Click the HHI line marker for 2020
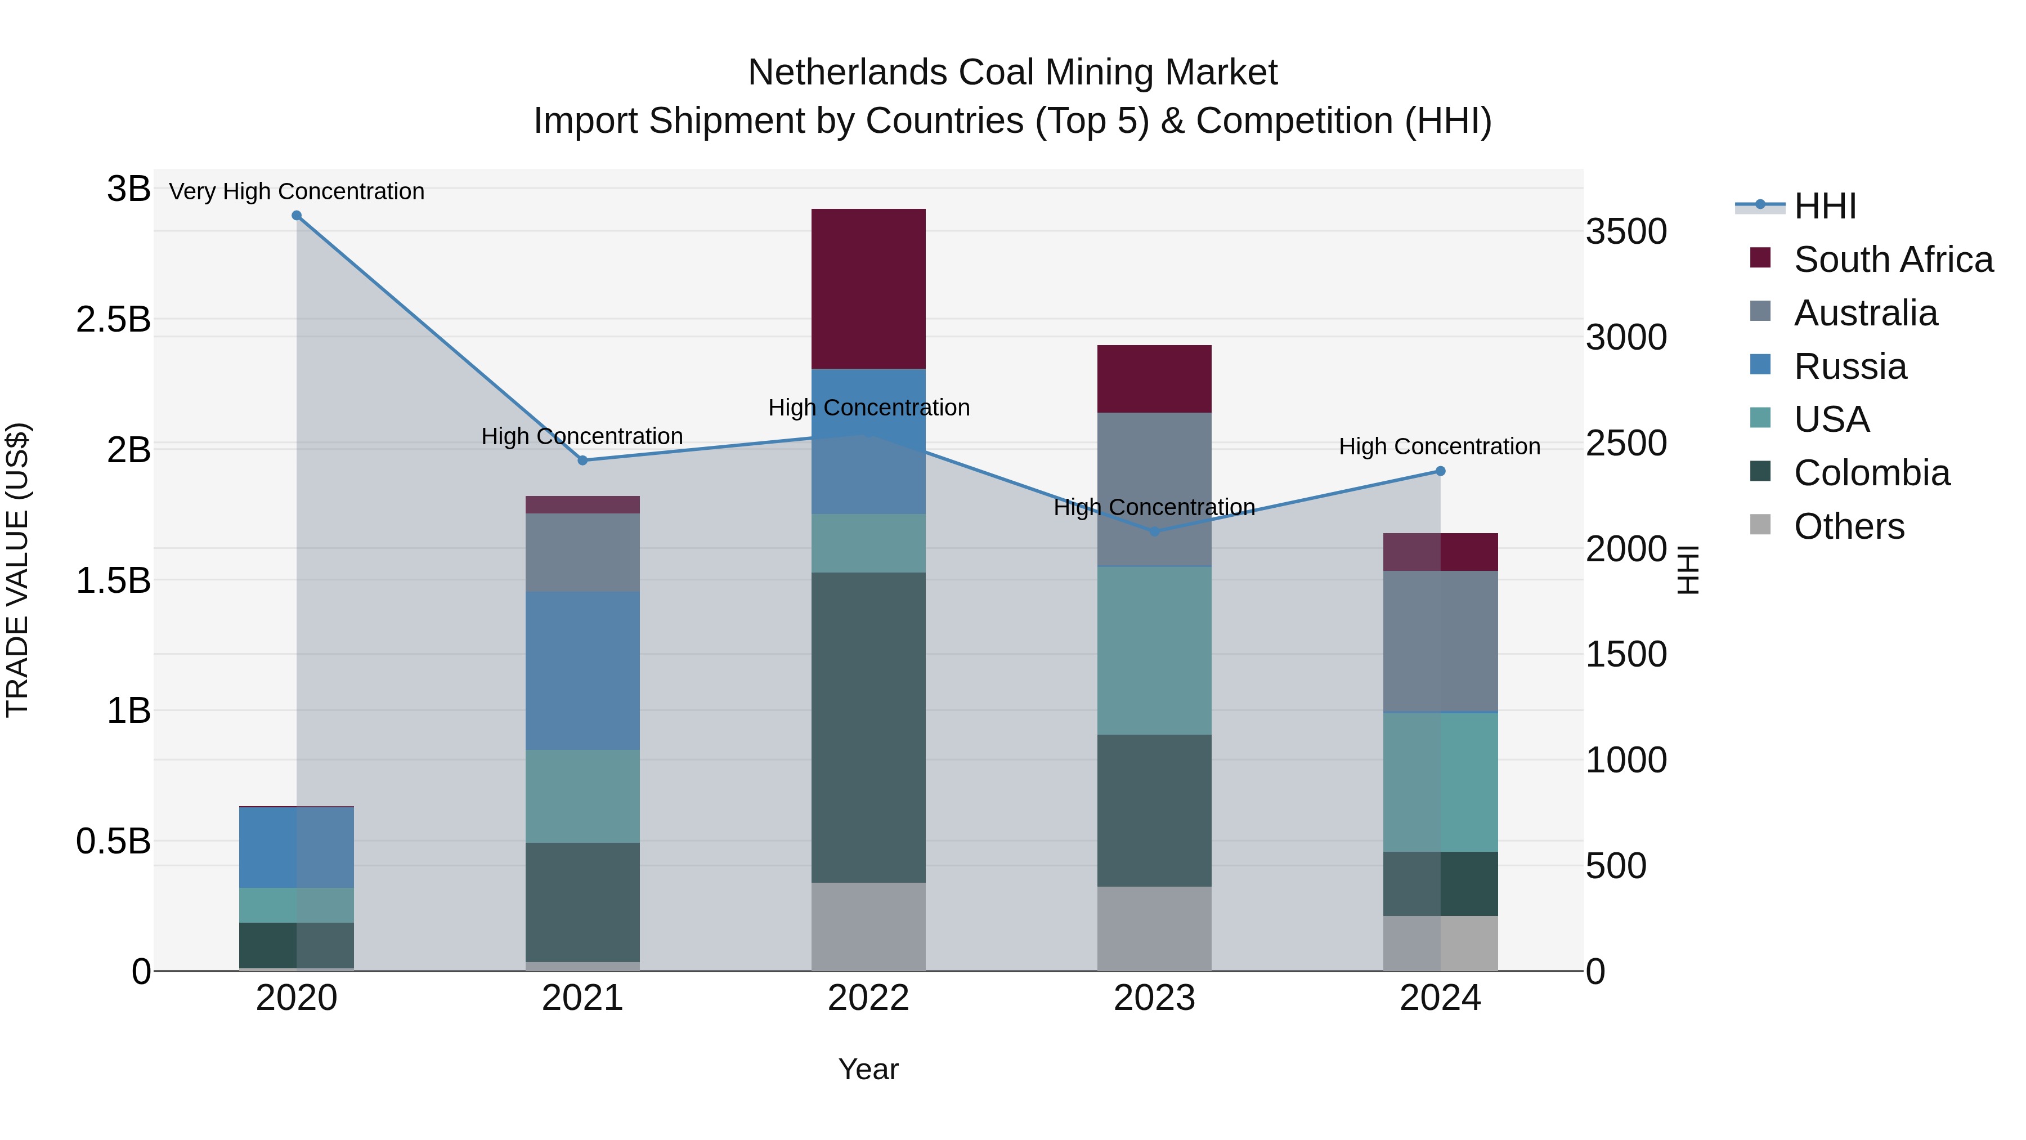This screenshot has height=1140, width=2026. point(297,216)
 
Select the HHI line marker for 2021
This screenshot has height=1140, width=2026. point(583,461)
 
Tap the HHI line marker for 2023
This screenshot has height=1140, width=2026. point(1155,532)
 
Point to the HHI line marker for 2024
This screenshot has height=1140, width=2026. point(1440,471)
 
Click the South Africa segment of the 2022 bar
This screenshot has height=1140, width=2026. point(868,289)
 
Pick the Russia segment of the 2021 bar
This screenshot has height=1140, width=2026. point(583,670)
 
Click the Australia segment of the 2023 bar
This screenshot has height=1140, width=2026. point(1155,489)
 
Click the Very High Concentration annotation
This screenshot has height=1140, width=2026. point(297,191)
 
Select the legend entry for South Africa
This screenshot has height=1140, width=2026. point(1893,260)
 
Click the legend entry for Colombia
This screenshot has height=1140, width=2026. point(1871,473)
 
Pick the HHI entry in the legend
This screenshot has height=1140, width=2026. point(1825,206)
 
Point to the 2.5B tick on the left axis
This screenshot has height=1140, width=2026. point(113,319)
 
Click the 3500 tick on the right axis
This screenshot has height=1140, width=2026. point(1626,231)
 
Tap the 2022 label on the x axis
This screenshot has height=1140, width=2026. point(868,998)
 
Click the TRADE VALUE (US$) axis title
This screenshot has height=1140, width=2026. point(17,570)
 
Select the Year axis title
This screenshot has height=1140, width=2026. point(868,1069)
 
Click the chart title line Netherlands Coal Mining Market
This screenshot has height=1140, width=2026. point(1012,73)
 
